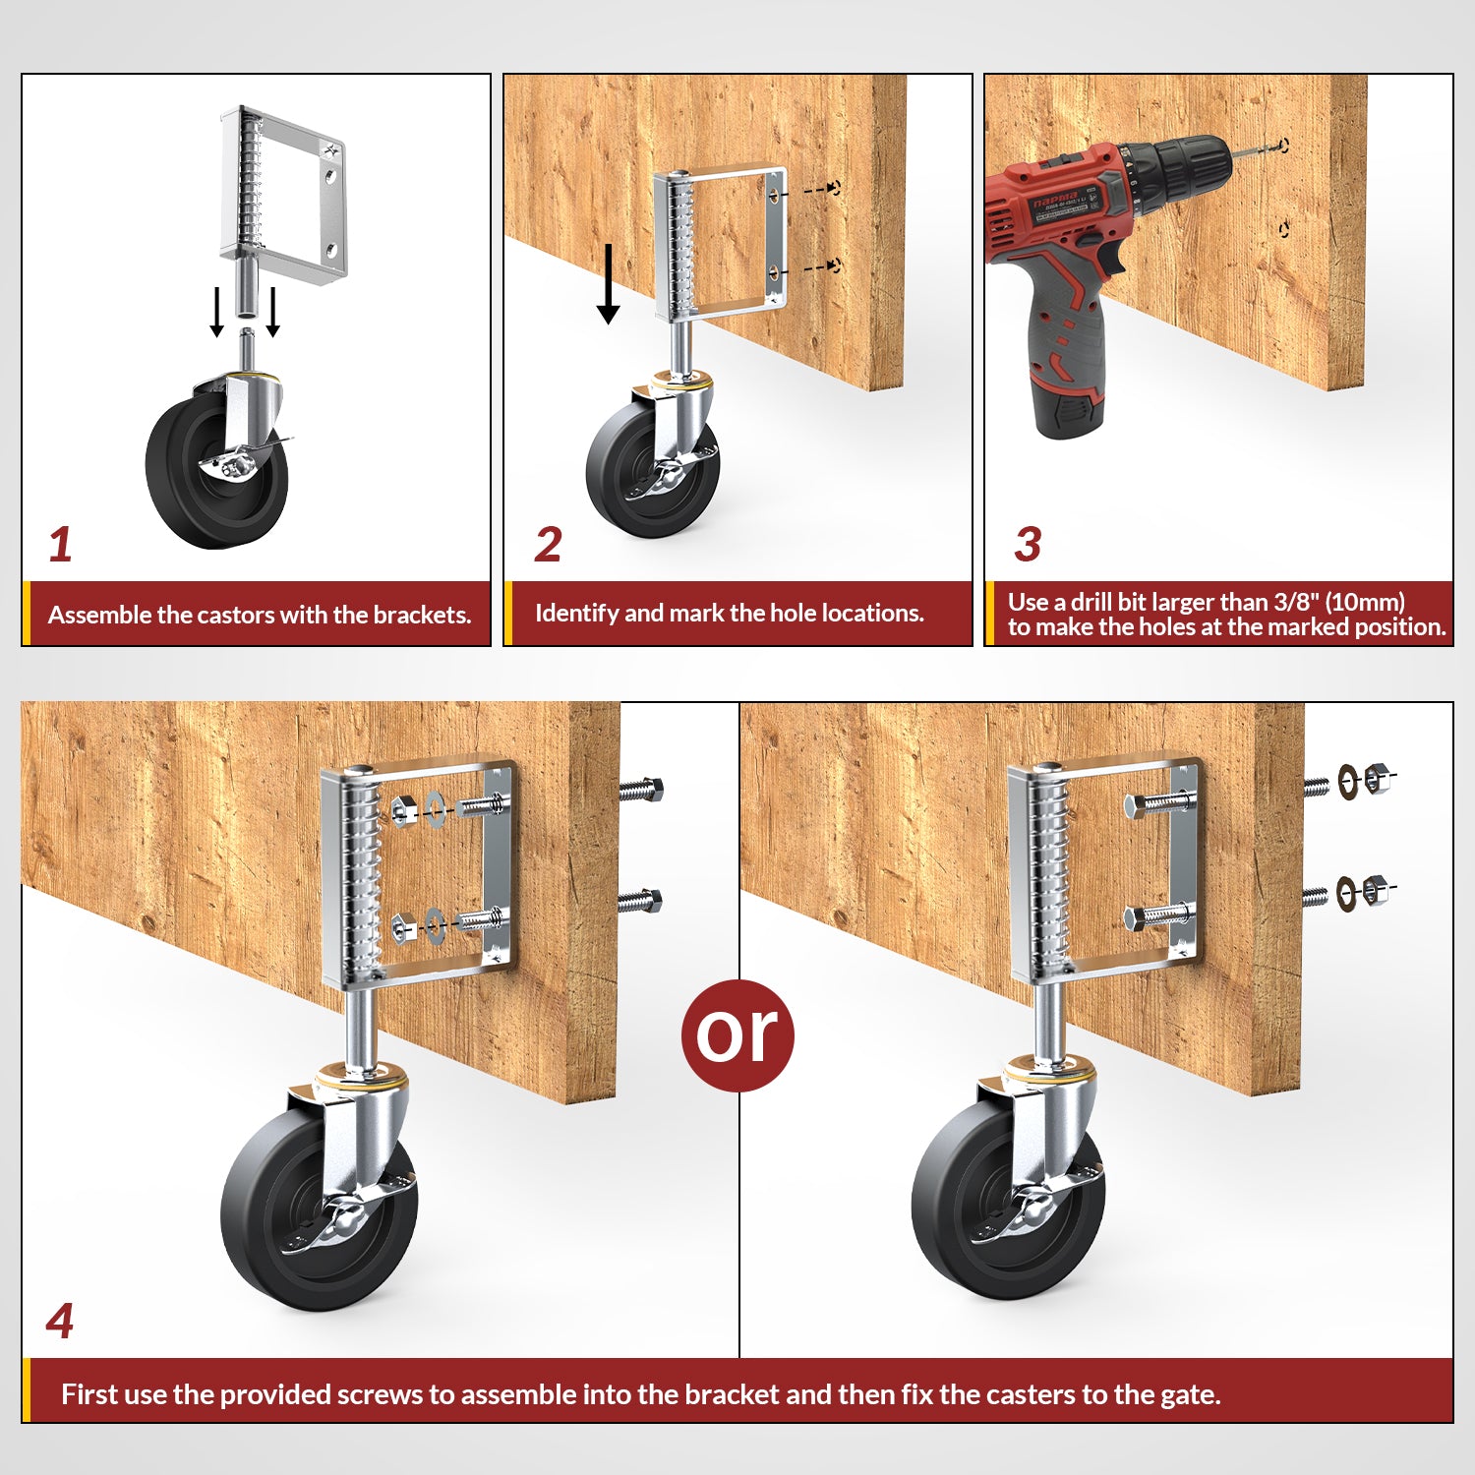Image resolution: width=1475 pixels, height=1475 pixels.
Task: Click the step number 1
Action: click(x=60, y=545)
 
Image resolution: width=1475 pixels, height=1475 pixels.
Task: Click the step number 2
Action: click(x=548, y=545)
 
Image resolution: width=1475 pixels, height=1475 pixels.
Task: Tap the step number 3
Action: click(x=1028, y=545)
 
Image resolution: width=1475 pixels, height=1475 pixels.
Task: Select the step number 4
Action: click(x=60, y=1321)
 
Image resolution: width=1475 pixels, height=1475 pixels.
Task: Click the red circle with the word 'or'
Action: click(x=737, y=1034)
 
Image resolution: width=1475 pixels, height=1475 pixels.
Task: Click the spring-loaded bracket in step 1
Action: click(x=285, y=197)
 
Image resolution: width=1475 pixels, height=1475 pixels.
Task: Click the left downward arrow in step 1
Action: click(x=217, y=312)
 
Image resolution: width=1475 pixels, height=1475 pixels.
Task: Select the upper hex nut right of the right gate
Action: click(x=1377, y=780)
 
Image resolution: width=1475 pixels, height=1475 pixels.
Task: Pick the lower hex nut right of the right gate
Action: click(x=1377, y=891)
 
